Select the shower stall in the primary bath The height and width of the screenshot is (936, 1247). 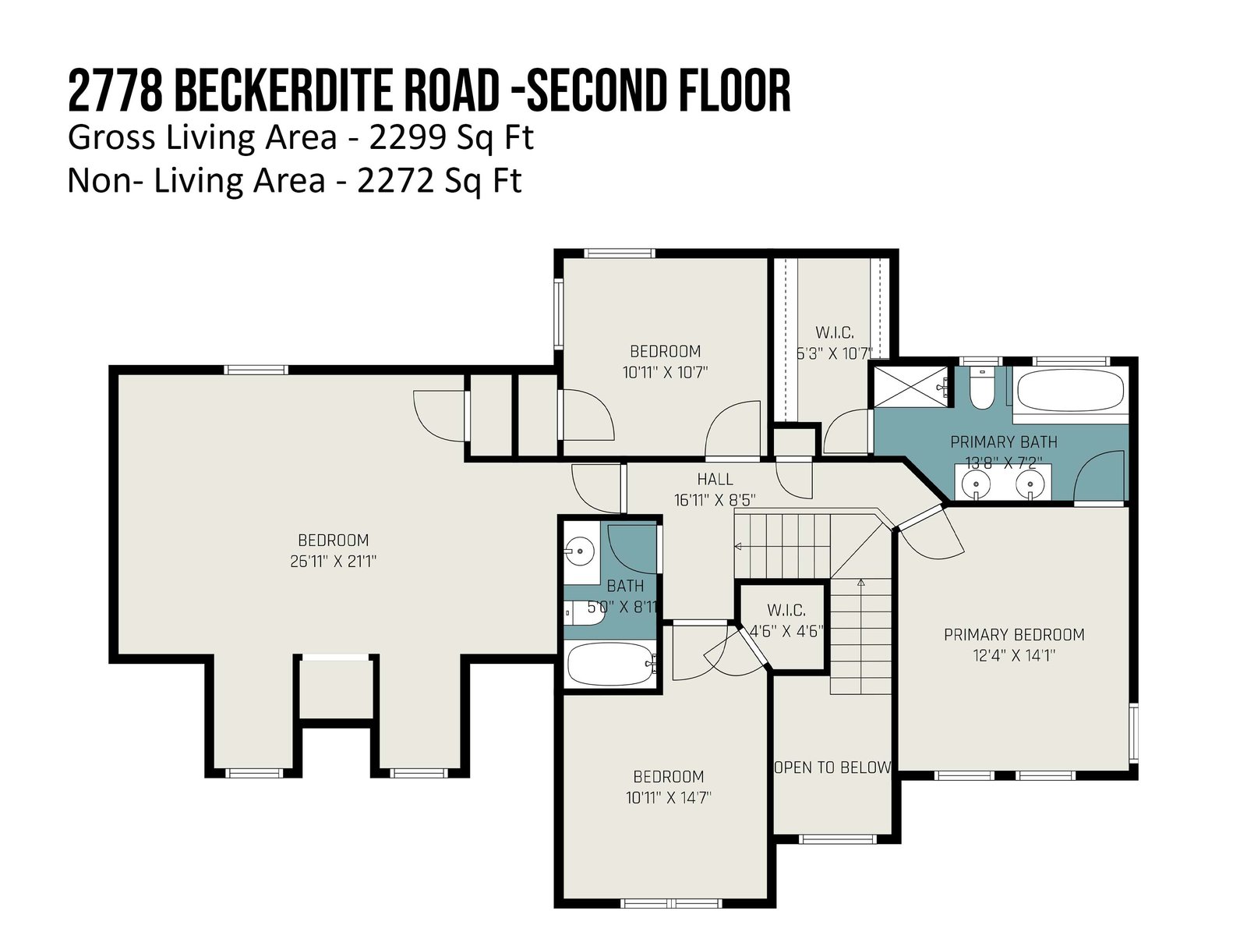pyautogui.click(x=911, y=386)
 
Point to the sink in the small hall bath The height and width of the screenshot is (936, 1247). pyautogui.click(x=580, y=550)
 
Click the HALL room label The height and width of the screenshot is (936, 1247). pyautogui.click(x=715, y=479)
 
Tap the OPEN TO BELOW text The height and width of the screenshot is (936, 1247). pyautogui.click(x=833, y=768)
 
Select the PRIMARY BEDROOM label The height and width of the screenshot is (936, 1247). pyautogui.click(x=1014, y=634)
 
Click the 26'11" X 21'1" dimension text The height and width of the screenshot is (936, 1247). pyautogui.click(x=333, y=562)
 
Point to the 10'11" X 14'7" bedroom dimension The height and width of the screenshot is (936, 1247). pyautogui.click(x=668, y=798)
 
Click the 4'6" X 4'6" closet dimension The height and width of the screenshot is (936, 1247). pyautogui.click(x=787, y=631)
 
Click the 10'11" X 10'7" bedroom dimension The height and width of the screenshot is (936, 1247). pyautogui.click(x=666, y=373)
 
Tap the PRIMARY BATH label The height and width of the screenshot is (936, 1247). pyautogui.click(x=1004, y=441)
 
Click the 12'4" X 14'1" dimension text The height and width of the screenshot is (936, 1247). pyautogui.click(x=1014, y=656)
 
